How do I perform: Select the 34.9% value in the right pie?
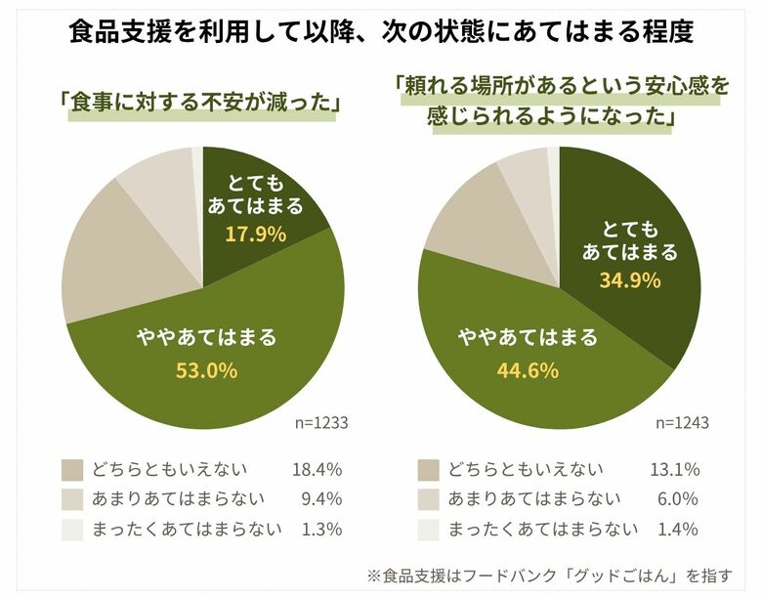[629, 280]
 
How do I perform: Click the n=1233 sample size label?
[321, 423]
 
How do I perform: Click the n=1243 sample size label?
[681, 423]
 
